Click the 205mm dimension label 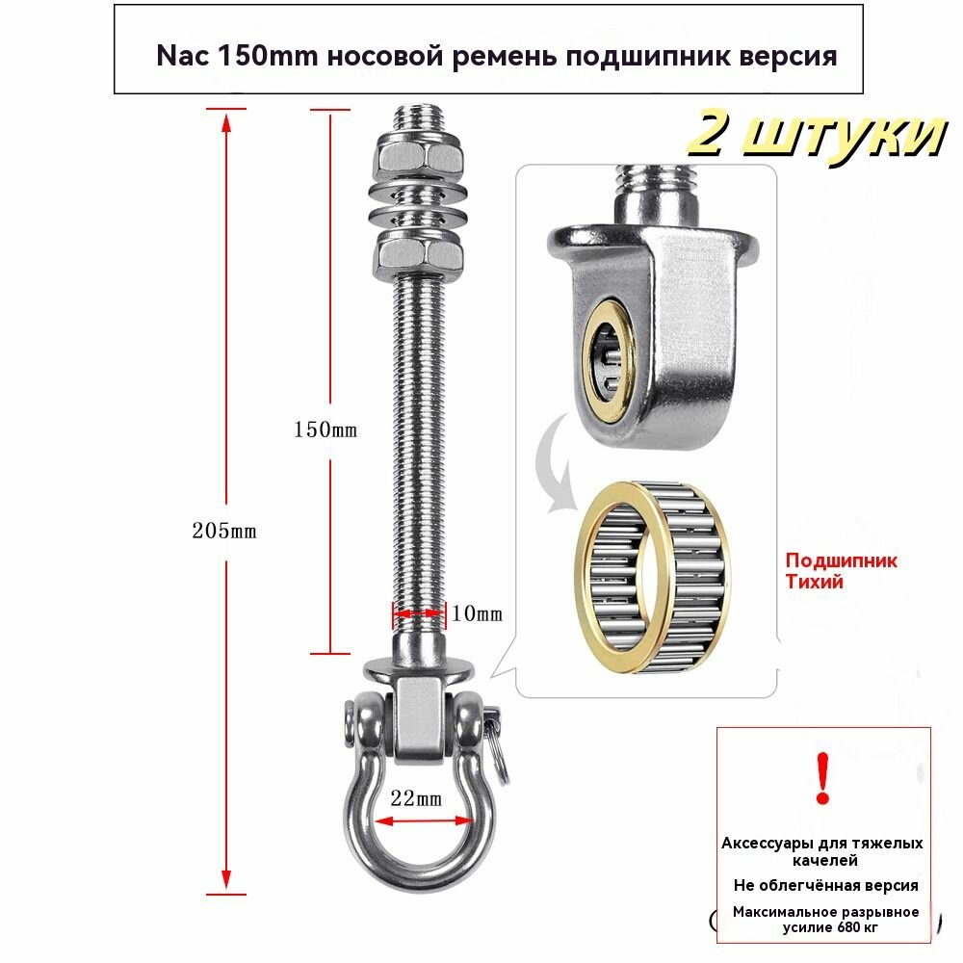[x=223, y=531]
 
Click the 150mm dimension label [x=325, y=429]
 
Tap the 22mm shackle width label [x=415, y=798]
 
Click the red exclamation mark [x=821, y=779]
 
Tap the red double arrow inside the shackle [x=415, y=821]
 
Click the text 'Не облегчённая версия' [x=825, y=885]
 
